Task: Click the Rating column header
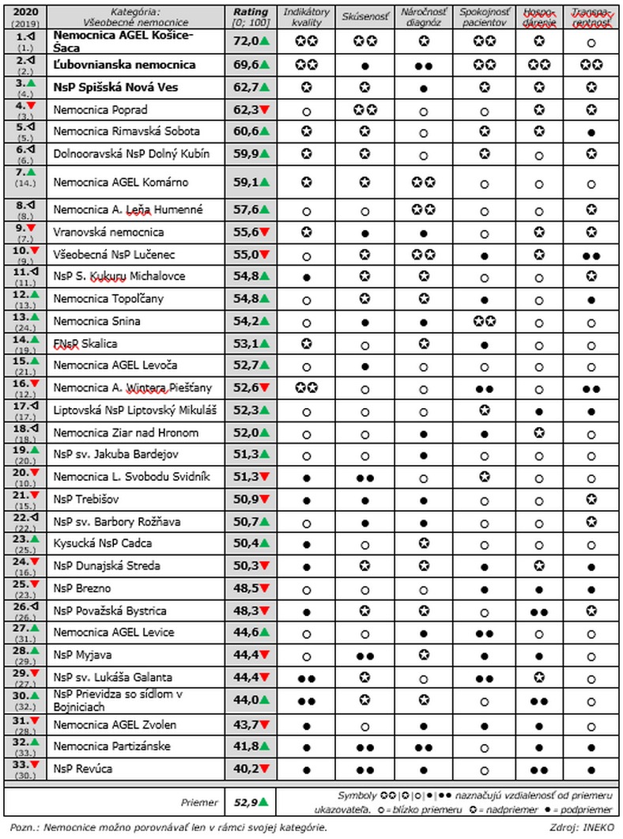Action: tap(251, 13)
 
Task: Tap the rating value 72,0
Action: tap(247, 40)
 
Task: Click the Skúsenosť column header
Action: tap(364, 17)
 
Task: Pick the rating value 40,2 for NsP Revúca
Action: tap(247, 769)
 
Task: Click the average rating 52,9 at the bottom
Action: tap(247, 803)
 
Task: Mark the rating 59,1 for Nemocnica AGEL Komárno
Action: tap(247, 182)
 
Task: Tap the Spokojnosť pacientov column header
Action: tap(482, 17)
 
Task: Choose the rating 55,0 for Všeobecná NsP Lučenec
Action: tap(247, 254)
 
